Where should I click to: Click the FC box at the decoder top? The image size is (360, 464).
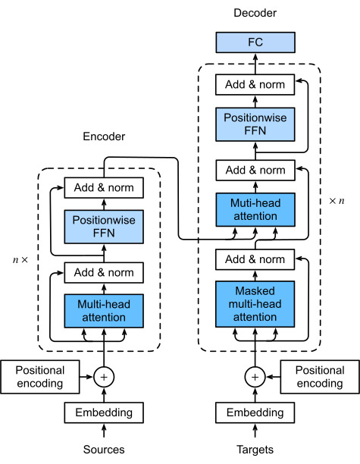pyautogui.click(x=255, y=42)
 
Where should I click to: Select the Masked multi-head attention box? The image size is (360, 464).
pyautogui.click(x=255, y=304)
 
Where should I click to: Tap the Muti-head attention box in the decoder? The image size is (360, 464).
pyautogui.click(x=255, y=209)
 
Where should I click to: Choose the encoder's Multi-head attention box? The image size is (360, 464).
pyautogui.click(x=104, y=311)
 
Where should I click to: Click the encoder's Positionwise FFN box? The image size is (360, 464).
pyautogui.click(x=104, y=227)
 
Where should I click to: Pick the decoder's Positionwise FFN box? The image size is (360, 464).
pyautogui.click(x=255, y=124)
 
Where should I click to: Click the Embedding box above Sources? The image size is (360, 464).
pyautogui.click(x=104, y=412)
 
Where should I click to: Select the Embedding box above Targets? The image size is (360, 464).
pyautogui.click(x=255, y=412)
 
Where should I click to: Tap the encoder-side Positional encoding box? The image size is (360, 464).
pyautogui.click(x=40, y=377)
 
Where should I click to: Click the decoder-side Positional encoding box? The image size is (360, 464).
pyautogui.click(x=320, y=377)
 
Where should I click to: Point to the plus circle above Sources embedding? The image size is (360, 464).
pyautogui.click(x=104, y=377)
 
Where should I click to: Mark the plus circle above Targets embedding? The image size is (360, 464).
pyautogui.click(x=255, y=377)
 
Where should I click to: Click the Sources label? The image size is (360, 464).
pyautogui.click(x=104, y=450)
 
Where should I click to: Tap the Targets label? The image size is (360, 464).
pyautogui.click(x=255, y=450)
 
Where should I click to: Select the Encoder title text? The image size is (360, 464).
pyautogui.click(x=104, y=136)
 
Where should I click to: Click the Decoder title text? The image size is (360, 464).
pyautogui.click(x=255, y=13)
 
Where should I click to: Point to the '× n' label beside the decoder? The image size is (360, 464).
pyautogui.click(x=337, y=201)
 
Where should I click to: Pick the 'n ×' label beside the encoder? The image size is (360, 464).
pyautogui.click(x=20, y=260)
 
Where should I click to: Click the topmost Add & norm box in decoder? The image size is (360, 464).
pyautogui.click(x=255, y=85)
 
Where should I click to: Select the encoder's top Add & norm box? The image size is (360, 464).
pyautogui.click(x=104, y=187)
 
